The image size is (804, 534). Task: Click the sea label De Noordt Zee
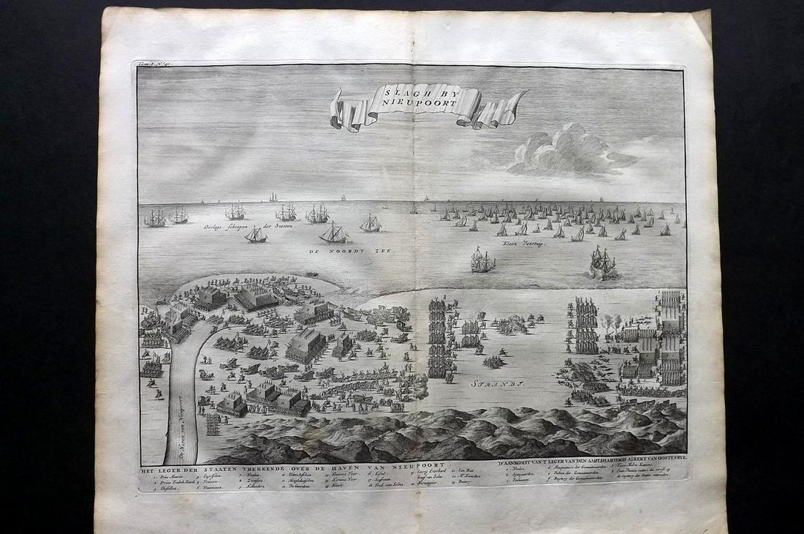pyautogui.click(x=363, y=251)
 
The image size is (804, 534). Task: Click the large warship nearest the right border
pyautogui.click(x=602, y=262)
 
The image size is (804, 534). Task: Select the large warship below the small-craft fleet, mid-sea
pyautogui.click(x=482, y=260)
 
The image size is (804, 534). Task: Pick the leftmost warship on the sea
pyautogui.click(x=154, y=217)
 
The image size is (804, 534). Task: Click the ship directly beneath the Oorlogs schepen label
pyautogui.click(x=256, y=236)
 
